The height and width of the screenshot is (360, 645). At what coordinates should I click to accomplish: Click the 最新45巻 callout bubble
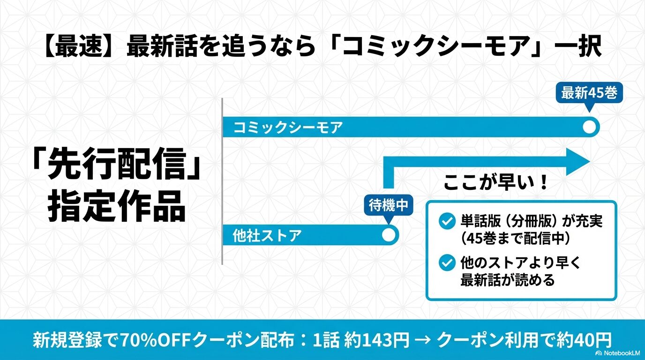coord(589,94)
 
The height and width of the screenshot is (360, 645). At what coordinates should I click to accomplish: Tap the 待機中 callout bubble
coord(389,206)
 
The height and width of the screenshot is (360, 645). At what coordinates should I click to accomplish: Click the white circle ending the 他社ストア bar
coord(389,235)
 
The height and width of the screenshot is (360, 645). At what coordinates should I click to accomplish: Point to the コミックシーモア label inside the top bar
coord(288,127)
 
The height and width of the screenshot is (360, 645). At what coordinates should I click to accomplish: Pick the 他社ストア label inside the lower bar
coord(267,236)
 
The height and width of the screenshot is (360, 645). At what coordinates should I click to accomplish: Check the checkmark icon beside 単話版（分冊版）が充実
coord(446,221)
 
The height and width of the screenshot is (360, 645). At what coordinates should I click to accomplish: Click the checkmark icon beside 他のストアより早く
coord(446,262)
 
